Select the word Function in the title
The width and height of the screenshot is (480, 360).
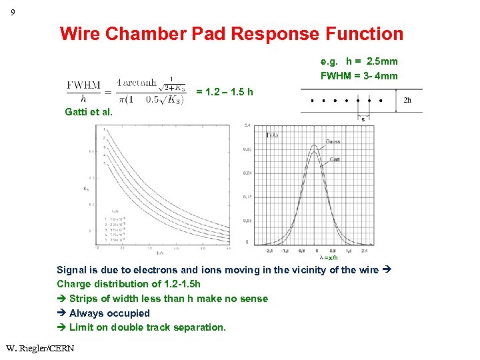365,34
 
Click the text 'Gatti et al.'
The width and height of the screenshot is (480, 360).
89,112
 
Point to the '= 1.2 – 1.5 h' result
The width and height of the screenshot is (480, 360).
225,92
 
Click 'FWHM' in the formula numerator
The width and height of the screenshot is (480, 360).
83,85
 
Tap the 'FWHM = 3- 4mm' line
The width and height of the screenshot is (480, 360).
359,76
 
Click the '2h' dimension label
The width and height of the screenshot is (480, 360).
409,101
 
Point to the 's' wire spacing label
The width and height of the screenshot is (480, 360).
363,120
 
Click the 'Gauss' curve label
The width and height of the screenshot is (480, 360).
333,141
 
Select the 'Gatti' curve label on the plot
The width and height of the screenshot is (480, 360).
335,159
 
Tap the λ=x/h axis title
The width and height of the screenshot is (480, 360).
329,257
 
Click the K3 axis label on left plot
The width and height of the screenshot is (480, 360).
86,189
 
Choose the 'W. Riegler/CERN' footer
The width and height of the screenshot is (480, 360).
40,348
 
